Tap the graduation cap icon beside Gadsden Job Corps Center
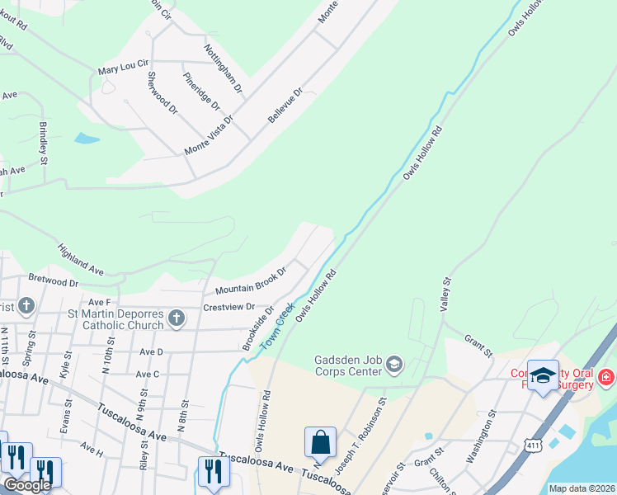(395, 364)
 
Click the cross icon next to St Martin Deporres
(176, 318)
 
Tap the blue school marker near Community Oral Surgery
(543, 376)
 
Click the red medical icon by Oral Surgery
(606, 377)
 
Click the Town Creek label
(277, 327)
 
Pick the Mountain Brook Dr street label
(250, 280)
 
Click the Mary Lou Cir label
(123, 63)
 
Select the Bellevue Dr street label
(285, 106)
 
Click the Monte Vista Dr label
(210, 135)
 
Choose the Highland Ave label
(80, 258)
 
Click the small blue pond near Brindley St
(87, 138)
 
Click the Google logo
(27, 485)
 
